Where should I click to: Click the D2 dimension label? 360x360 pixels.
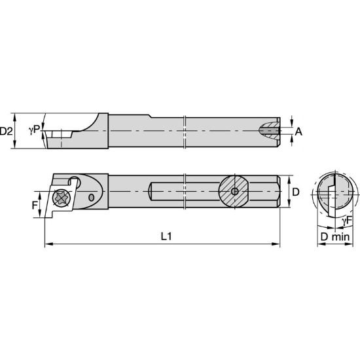(x=7, y=131)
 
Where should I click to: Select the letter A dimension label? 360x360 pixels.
(x=298, y=131)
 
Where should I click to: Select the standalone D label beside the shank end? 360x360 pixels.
(x=295, y=192)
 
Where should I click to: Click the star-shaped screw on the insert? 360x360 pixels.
(x=62, y=196)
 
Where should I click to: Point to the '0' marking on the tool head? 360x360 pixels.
(x=91, y=197)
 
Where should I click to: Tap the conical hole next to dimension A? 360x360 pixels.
(x=270, y=131)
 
